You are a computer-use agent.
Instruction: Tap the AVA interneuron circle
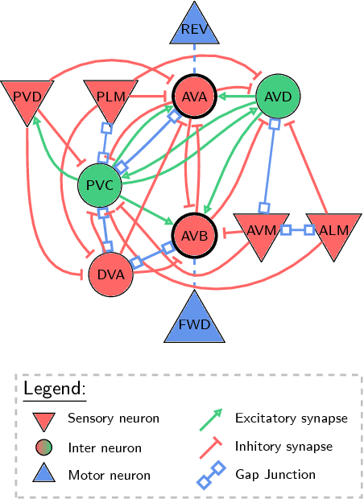pos(193,97)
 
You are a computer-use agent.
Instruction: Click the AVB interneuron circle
pos(193,237)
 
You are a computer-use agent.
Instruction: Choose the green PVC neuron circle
pos(100,187)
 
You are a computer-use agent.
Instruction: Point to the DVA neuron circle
pos(110,274)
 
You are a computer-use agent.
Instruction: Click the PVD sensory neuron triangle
pos(27,97)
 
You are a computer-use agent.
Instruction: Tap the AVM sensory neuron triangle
pos(259,231)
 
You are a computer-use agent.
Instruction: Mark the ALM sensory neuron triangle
pos(331,231)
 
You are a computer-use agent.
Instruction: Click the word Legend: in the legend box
pos(54,389)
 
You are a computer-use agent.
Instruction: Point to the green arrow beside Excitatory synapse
pos(211,419)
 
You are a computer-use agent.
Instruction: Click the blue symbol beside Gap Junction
pos(211,475)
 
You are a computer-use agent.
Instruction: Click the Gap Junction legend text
pos(270,475)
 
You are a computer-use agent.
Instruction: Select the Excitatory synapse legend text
pos(291,419)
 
